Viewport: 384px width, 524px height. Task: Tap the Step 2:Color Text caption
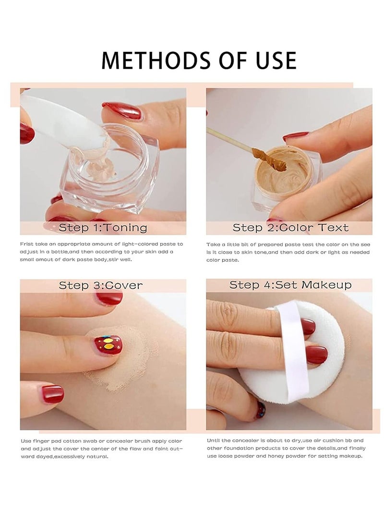click(x=290, y=227)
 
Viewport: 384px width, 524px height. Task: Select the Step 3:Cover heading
click(x=101, y=285)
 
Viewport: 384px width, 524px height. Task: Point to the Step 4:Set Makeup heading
click(x=290, y=285)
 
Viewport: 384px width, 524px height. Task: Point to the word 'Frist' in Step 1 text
click(x=28, y=244)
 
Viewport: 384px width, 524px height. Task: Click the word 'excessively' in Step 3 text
click(x=73, y=456)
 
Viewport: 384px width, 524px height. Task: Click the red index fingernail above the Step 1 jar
click(x=122, y=111)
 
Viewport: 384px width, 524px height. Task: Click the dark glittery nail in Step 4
click(x=260, y=409)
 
